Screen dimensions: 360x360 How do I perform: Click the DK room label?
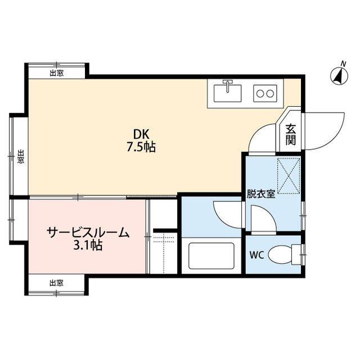click(x=141, y=134)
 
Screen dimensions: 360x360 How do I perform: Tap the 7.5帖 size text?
click(x=141, y=147)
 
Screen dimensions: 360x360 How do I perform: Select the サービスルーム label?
click(x=88, y=232)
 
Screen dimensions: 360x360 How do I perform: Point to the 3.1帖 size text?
click(x=88, y=245)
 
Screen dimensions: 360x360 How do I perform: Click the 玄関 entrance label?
click(x=290, y=134)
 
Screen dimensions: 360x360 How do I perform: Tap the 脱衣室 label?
click(x=261, y=195)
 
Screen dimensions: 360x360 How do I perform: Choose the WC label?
click(x=256, y=255)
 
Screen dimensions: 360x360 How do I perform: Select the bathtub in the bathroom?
click(x=211, y=256)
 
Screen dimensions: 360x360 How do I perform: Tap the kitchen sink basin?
click(x=227, y=93)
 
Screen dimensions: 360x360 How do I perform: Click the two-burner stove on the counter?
click(x=265, y=93)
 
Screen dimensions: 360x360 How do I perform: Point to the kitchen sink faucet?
click(x=227, y=86)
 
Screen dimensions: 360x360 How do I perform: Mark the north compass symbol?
click(x=339, y=75)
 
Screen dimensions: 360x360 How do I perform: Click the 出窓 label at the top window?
click(x=57, y=73)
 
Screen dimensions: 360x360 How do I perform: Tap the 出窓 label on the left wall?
click(x=21, y=156)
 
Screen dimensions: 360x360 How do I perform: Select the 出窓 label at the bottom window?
click(x=56, y=283)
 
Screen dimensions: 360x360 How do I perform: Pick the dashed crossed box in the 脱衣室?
click(x=289, y=176)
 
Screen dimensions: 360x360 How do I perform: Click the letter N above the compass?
click(x=344, y=64)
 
